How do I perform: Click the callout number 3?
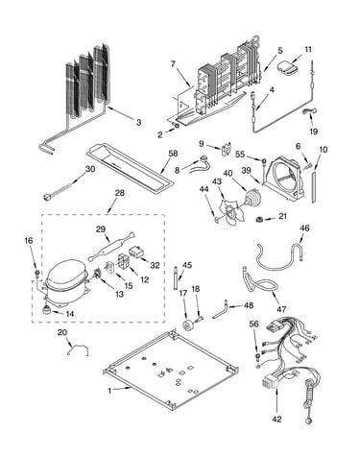coord(138,122)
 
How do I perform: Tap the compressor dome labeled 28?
coord(66,276)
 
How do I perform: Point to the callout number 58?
coord(173,154)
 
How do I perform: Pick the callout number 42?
coord(277,419)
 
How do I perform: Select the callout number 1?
coord(109,391)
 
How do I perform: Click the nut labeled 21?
coord(259,219)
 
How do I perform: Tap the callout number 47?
coord(281,309)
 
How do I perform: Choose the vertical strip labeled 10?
coord(314,186)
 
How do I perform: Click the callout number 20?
coord(62,332)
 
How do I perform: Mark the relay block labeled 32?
coord(137,252)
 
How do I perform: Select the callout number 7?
coord(173,64)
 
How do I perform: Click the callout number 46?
coord(304,228)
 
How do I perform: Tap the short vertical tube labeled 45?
coord(176,277)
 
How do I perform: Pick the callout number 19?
coord(313,132)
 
